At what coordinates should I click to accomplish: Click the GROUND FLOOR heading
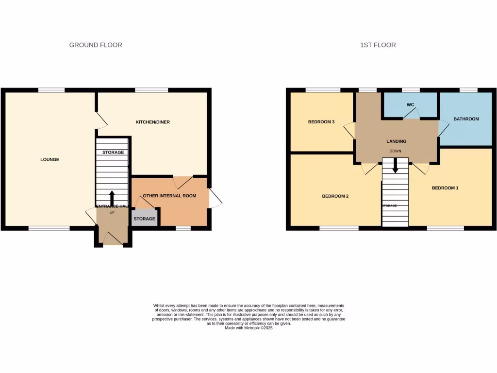point(96,45)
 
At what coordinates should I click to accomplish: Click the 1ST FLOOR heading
point(378,45)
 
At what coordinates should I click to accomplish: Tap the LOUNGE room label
point(50,159)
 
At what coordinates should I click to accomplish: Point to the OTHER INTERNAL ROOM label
point(169,196)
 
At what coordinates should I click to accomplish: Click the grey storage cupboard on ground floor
point(145,219)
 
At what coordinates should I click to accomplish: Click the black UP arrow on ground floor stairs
point(112,198)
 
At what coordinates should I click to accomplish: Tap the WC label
point(411,105)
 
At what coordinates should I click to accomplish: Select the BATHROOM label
point(466,119)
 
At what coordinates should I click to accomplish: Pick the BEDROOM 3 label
point(321,122)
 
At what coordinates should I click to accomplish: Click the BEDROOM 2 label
point(335,196)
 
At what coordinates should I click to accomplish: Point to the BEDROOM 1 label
point(445,188)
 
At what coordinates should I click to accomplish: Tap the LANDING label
point(396,141)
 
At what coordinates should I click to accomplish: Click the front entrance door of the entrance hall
point(113,238)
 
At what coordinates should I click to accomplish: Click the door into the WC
point(411,113)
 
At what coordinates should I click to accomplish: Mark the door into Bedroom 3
point(349,131)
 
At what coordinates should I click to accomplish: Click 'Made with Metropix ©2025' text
point(248,328)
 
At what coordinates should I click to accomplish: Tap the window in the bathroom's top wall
point(468,90)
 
